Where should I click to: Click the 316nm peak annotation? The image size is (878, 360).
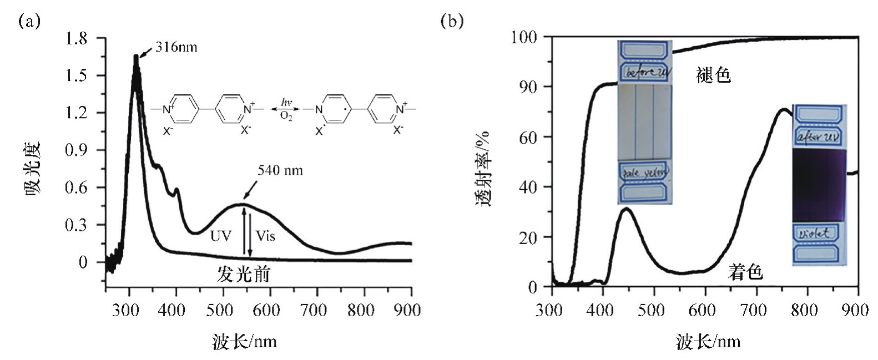click(176, 47)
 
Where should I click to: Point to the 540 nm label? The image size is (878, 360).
click(280, 170)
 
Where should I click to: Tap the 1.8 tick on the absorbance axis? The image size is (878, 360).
click(76, 39)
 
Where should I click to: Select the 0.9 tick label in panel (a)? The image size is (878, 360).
click(76, 150)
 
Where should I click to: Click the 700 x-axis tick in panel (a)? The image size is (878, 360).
click(314, 310)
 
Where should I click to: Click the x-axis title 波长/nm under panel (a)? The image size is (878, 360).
click(244, 341)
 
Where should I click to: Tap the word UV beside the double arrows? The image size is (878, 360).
click(220, 236)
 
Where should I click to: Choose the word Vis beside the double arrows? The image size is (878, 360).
click(265, 236)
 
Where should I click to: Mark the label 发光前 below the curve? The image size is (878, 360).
click(244, 274)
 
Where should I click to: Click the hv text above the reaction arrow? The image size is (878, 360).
click(286, 102)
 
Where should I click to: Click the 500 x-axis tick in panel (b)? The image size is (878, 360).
click(652, 310)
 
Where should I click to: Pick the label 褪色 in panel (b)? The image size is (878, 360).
click(713, 75)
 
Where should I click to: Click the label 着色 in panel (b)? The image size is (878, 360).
click(745, 272)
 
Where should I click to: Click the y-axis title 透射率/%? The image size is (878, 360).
click(485, 169)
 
